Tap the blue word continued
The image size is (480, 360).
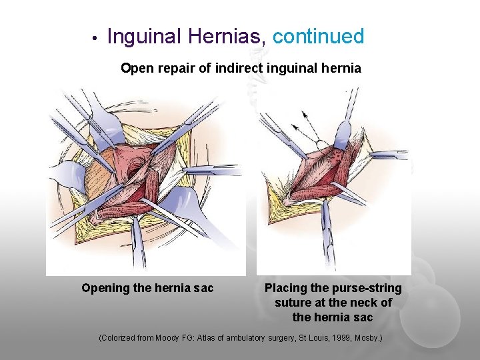pyautogui.click(x=319, y=37)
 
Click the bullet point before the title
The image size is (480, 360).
pyautogui.click(x=95, y=38)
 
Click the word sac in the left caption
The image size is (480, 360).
pyautogui.click(x=204, y=289)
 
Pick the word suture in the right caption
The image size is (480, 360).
pyautogui.click(x=294, y=303)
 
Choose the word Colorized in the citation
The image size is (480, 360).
pyautogui.click(x=117, y=338)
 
